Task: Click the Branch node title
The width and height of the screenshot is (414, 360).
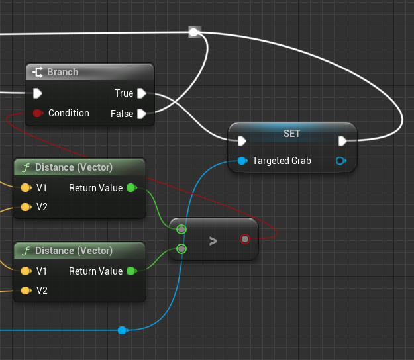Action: (62, 72)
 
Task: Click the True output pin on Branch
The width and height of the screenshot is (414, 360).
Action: (142, 93)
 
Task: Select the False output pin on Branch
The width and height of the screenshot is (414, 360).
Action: (142, 114)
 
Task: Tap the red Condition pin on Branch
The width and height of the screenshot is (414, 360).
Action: (38, 113)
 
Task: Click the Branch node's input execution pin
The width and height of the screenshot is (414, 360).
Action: (38, 93)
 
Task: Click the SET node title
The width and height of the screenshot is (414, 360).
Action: (291, 133)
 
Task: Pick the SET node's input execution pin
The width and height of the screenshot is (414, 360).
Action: (242, 140)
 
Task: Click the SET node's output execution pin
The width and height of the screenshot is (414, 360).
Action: (342, 140)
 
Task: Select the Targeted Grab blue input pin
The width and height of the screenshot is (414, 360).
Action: (242, 161)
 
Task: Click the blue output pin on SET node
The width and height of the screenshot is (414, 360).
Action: (341, 161)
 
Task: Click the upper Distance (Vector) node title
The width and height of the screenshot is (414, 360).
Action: (74, 167)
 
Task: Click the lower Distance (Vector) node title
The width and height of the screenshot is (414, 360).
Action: (74, 251)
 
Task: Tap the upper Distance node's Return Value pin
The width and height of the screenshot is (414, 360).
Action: (131, 188)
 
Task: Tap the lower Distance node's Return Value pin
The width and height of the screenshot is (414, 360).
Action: (131, 271)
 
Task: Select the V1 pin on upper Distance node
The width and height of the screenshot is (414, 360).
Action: (26, 188)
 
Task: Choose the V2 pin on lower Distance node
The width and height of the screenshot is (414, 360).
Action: (26, 291)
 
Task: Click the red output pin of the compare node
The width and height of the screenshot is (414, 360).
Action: (245, 239)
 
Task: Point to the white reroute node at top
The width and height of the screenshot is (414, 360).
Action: (194, 32)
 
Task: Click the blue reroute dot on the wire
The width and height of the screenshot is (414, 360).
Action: (122, 330)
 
